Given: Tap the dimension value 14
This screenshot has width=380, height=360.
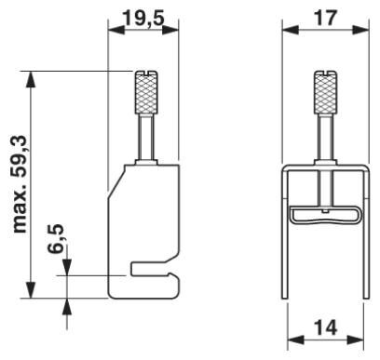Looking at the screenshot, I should (x=323, y=328).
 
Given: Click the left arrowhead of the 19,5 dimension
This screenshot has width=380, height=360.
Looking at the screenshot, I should (x=116, y=31).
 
